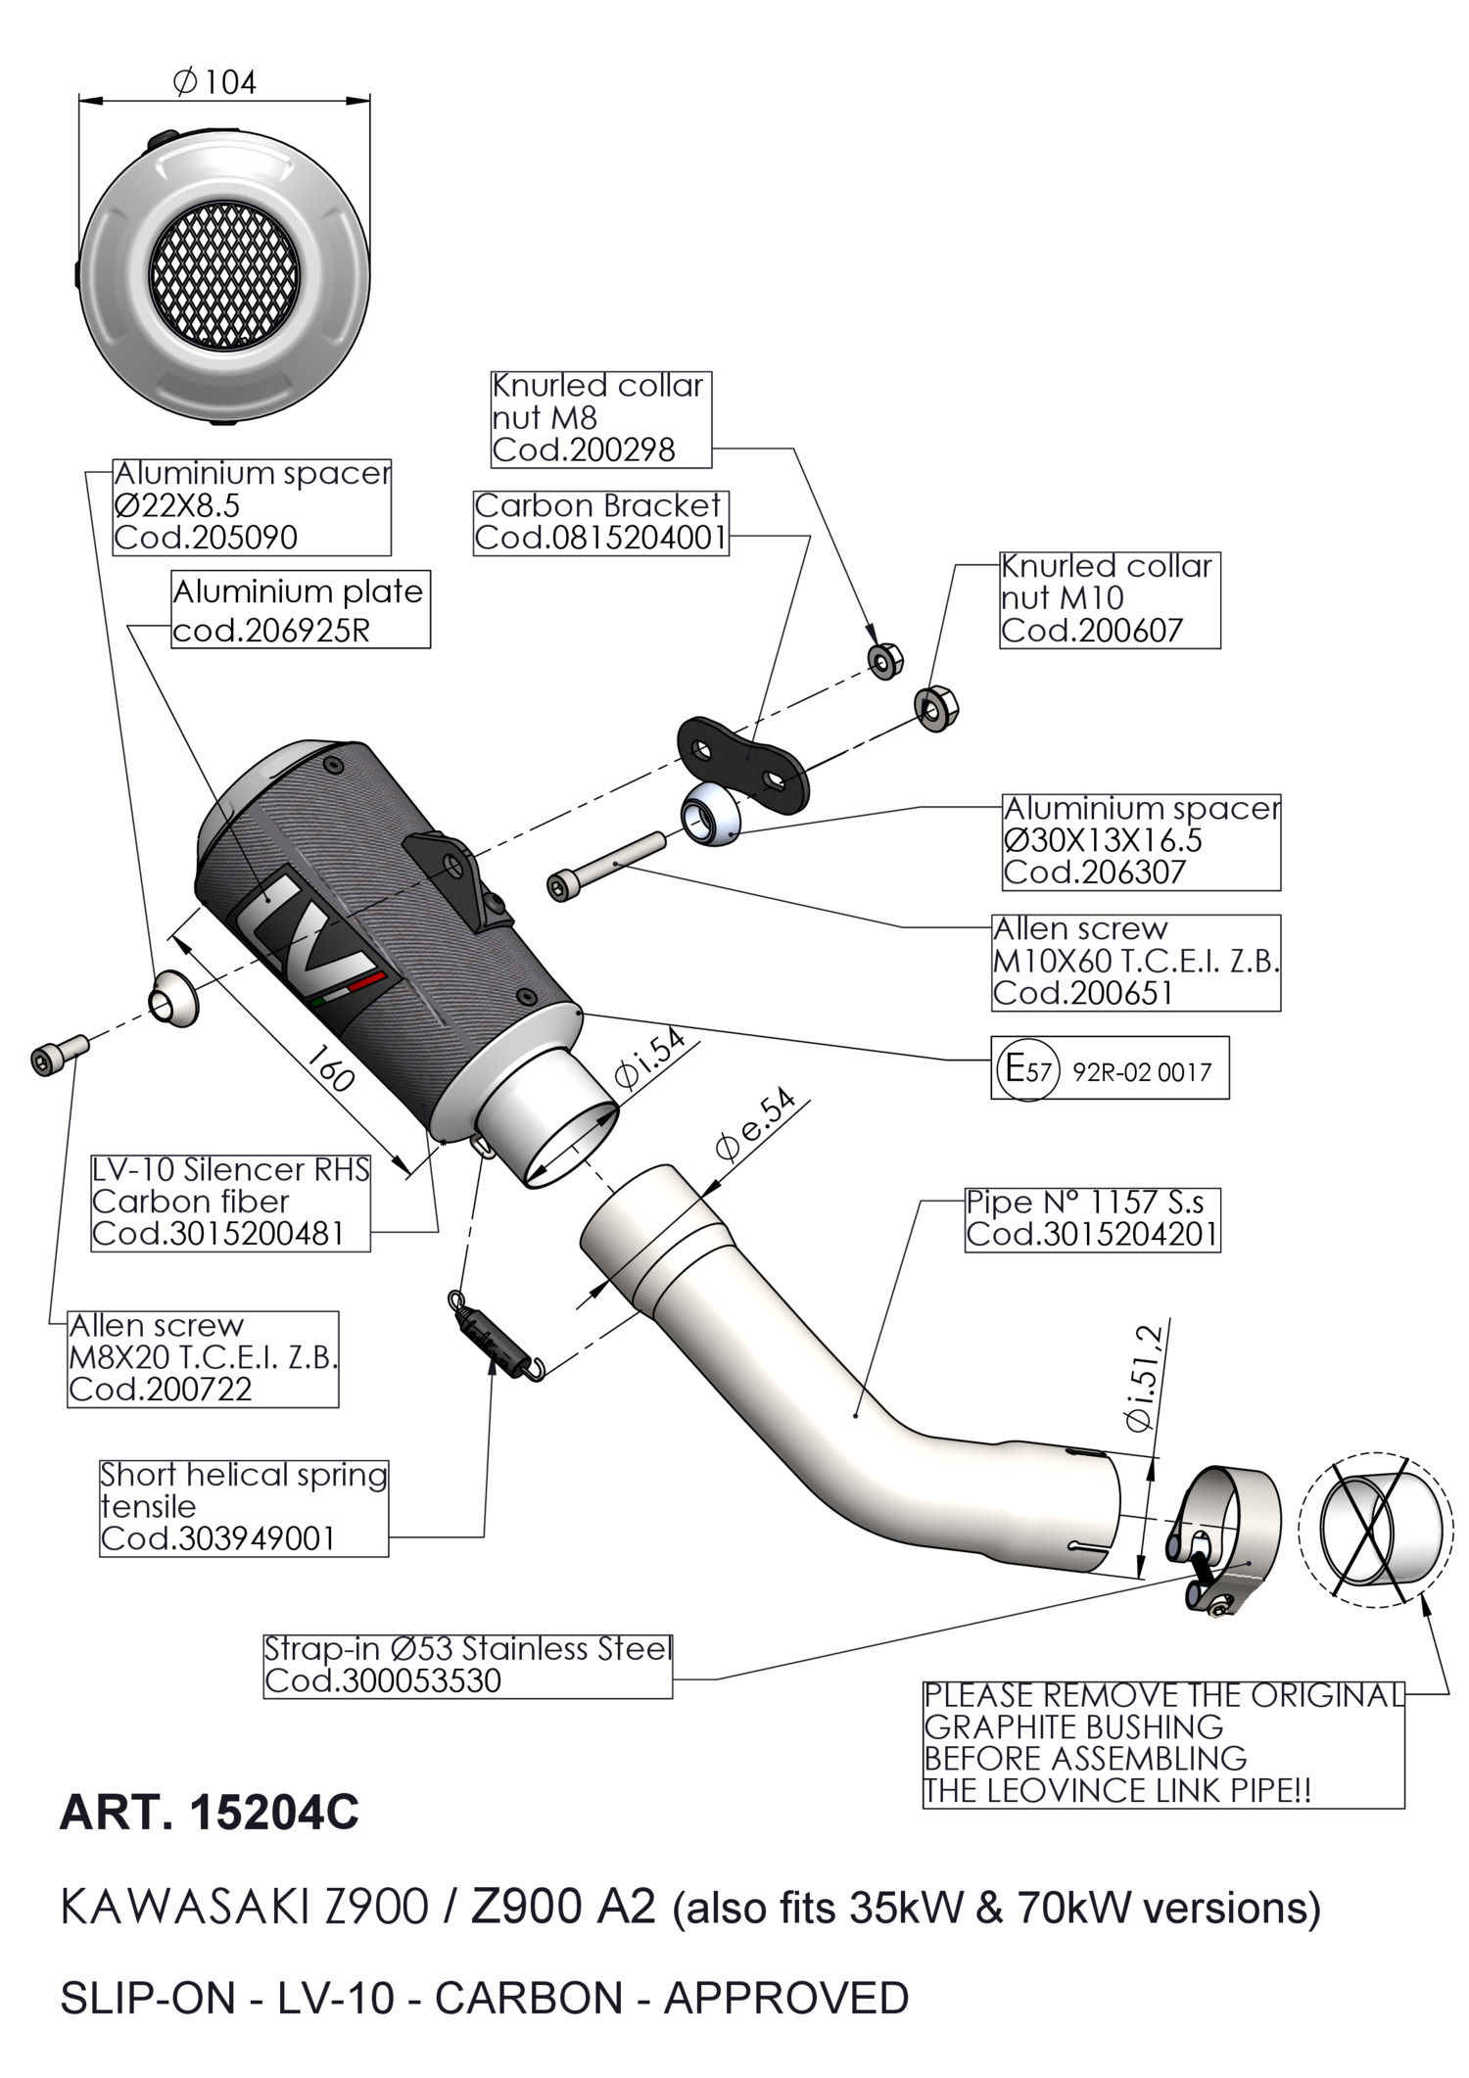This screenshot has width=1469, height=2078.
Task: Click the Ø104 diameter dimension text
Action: click(215, 82)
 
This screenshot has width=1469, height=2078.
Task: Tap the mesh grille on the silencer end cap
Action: click(223, 281)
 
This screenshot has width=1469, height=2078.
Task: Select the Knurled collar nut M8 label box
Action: click(599, 418)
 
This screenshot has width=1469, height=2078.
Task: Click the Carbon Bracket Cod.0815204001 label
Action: click(601, 522)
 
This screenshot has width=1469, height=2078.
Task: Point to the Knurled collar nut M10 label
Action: click(1109, 598)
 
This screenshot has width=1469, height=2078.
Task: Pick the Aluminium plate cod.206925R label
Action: click(300, 610)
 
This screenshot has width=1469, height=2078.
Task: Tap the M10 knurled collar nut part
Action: click(936, 706)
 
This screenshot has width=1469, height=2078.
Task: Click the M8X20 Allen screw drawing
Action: click(59, 1053)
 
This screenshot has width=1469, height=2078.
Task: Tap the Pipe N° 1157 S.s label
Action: click(1092, 1219)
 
